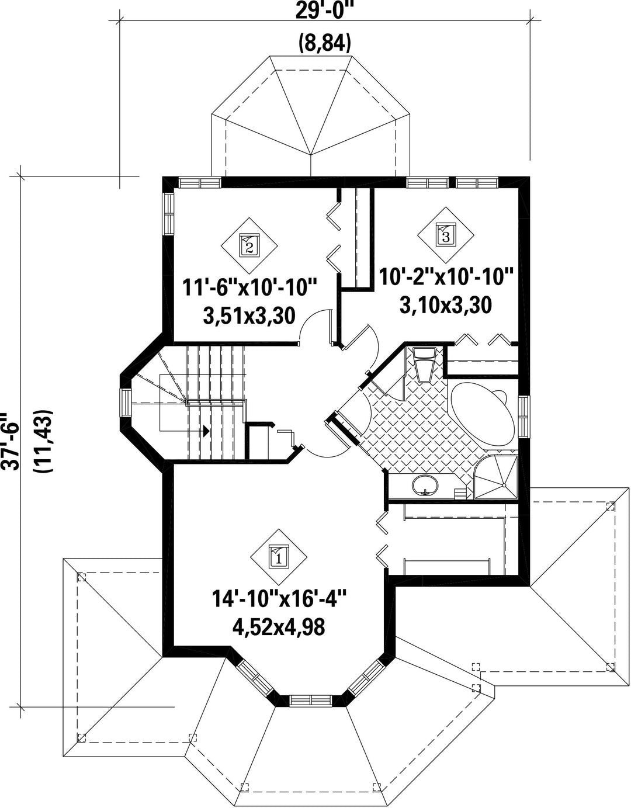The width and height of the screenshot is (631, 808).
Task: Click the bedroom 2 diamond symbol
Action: click(x=249, y=246)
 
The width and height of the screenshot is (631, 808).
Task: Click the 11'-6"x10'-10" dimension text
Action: click(x=249, y=288)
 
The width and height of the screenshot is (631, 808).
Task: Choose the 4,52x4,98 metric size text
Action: click(x=279, y=627)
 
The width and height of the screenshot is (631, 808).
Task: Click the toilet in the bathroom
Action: click(x=424, y=365)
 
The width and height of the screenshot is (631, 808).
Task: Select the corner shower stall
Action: click(x=495, y=475)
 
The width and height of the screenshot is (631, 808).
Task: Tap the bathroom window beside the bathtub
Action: click(x=523, y=417)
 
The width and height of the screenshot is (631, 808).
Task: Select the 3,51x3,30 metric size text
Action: click(x=249, y=316)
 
